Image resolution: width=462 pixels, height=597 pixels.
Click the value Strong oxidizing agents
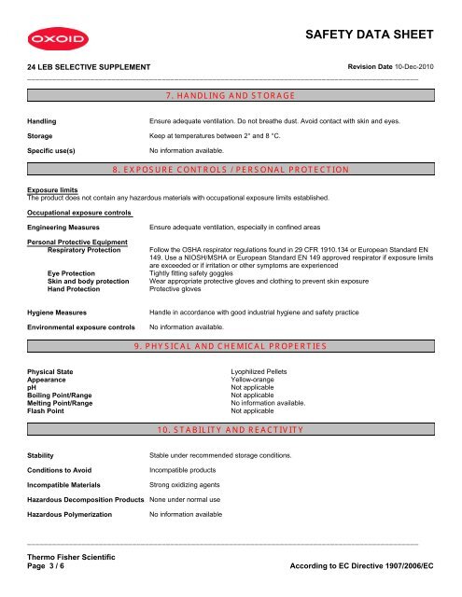coord(186,485)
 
